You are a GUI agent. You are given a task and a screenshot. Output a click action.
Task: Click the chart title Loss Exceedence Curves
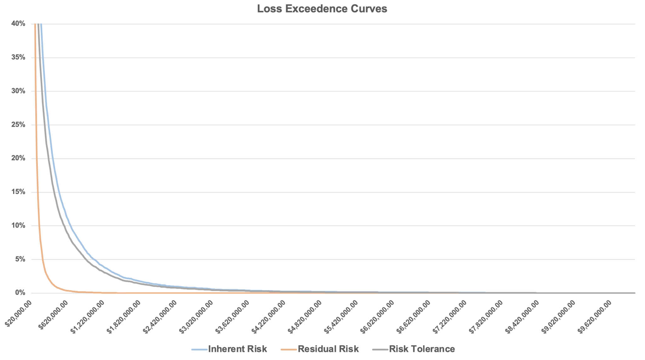click(x=322, y=9)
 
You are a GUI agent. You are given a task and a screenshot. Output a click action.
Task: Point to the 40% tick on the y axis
click(x=18, y=24)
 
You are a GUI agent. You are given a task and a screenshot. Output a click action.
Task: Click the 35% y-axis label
click(x=18, y=57)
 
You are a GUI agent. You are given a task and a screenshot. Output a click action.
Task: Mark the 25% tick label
click(x=18, y=125)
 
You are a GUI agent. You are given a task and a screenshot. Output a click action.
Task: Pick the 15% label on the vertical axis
click(x=18, y=192)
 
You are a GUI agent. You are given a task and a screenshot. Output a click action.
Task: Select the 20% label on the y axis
click(x=18, y=158)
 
